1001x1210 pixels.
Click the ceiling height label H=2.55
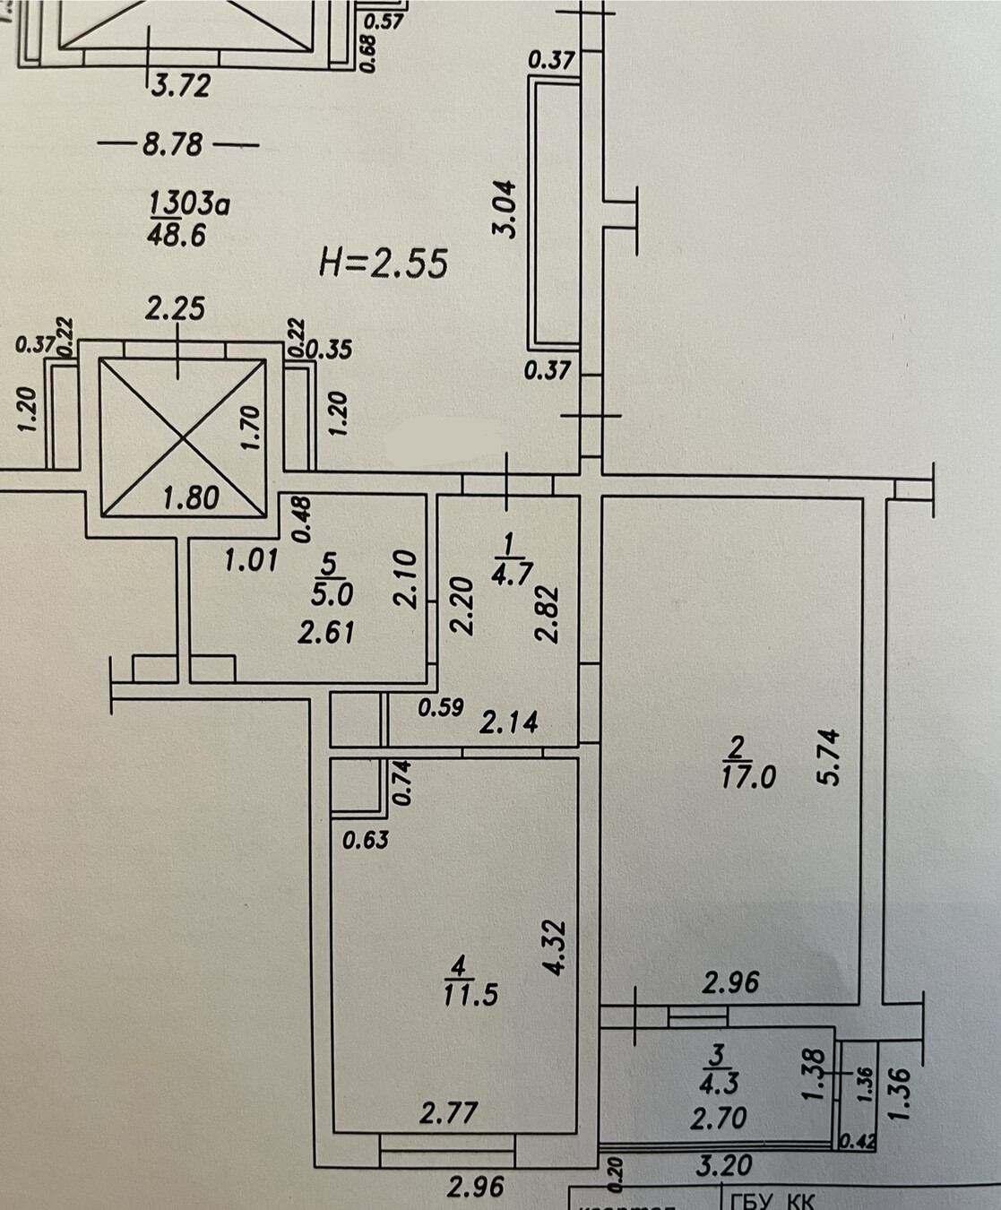(383, 264)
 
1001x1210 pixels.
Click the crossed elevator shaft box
(182, 437)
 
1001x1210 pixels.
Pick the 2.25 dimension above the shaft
(175, 309)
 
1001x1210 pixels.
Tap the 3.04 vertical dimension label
(506, 209)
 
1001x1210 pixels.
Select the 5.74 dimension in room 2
(829, 757)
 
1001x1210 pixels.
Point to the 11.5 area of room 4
(470, 994)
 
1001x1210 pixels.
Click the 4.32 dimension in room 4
(557, 947)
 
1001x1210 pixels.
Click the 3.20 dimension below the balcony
(723, 1165)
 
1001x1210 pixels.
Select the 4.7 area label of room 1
(513, 571)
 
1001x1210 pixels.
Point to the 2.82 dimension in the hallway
(547, 614)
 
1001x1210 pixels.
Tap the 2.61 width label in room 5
(326, 632)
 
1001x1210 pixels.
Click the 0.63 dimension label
(367, 840)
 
